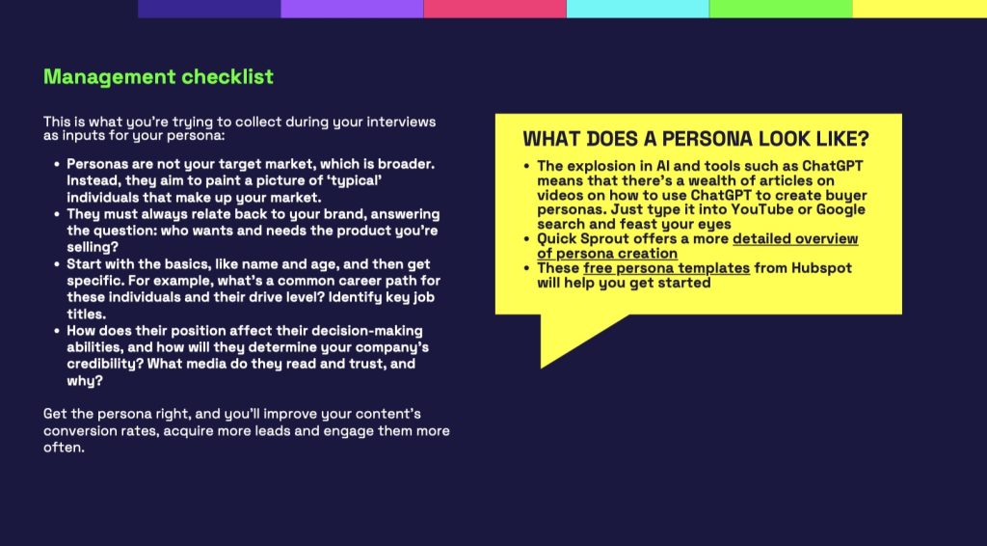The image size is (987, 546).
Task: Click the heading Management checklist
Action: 159,77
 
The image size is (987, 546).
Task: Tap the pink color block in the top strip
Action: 494,9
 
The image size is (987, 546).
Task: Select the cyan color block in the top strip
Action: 638,9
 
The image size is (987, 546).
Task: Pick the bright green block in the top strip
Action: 781,9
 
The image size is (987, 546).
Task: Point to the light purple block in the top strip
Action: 352,9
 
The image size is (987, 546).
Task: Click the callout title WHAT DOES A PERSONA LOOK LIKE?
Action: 696,139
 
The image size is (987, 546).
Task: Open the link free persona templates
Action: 667,267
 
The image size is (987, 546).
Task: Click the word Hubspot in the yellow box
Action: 821,267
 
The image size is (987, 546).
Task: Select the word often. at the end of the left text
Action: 64,448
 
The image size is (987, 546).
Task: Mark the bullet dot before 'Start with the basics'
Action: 57,264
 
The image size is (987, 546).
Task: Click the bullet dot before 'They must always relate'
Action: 57,215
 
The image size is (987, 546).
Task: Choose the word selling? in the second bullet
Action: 93,247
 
